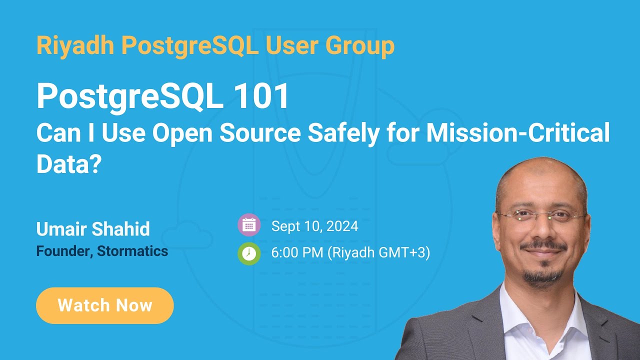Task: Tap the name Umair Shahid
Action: click(93, 229)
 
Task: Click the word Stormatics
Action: click(132, 251)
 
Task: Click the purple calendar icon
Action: click(249, 225)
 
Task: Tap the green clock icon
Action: click(249, 253)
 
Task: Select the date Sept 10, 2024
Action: click(314, 226)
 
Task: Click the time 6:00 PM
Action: click(297, 253)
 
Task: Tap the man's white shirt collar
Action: click(520, 305)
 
